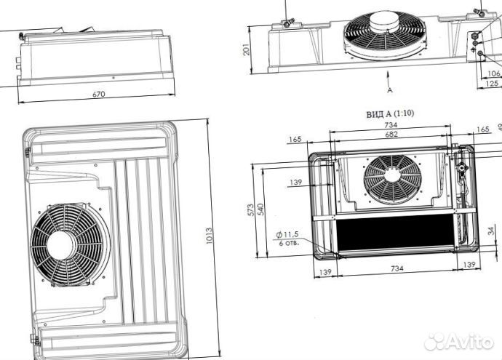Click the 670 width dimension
[x=99, y=95]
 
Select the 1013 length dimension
[x=210, y=236]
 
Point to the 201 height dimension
[x=247, y=49]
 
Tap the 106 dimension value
[x=494, y=73]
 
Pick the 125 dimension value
[x=492, y=83]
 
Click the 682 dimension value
[x=391, y=134]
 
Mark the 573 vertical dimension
[x=252, y=210]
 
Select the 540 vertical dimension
[x=261, y=209]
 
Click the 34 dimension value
[x=491, y=231]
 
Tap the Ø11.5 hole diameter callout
[x=287, y=235]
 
